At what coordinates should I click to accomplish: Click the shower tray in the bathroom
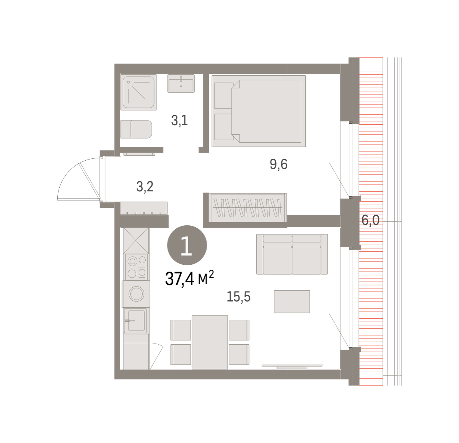click(x=138, y=92)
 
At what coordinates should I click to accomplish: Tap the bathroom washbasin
click(x=181, y=83)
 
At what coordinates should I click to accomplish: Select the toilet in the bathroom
click(x=136, y=129)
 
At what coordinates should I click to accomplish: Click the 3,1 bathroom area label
click(x=179, y=121)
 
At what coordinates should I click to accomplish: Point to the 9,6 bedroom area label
click(x=278, y=164)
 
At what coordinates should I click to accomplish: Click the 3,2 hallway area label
click(x=145, y=187)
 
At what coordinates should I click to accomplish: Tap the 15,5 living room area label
click(x=238, y=296)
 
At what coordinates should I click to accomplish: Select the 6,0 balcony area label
click(x=371, y=220)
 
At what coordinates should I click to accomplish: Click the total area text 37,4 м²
click(x=189, y=279)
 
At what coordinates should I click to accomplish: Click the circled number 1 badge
click(x=187, y=245)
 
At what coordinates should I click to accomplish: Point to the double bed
click(x=259, y=111)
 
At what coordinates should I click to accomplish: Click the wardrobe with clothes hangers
click(x=247, y=208)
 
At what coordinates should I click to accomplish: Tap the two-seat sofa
click(x=292, y=254)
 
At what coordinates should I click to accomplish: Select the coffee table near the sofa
click(x=292, y=302)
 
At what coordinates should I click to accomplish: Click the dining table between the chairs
click(x=210, y=342)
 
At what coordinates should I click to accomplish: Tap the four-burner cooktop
click(x=137, y=267)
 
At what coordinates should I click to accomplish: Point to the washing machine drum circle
click(x=136, y=294)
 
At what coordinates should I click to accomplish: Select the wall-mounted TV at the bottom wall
click(x=292, y=366)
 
